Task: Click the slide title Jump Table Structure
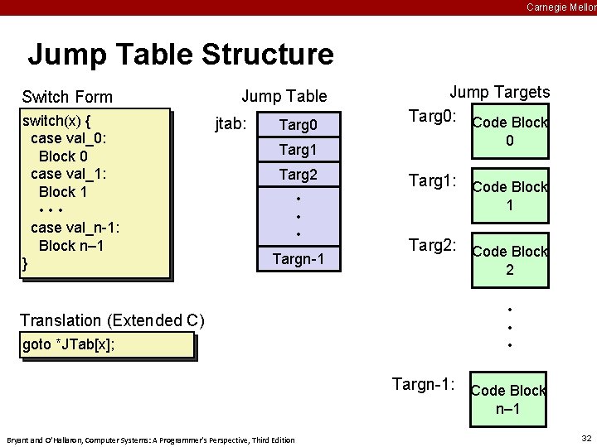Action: click(181, 55)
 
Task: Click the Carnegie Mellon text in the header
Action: click(561, 7)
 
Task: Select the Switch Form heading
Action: click(67, 97)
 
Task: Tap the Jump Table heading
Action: click(284, 97)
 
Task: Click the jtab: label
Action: click(231, 125)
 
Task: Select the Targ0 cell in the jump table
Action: click(298, 126)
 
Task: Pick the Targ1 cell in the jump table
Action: click(298, 150)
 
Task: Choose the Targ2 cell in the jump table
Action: click(298, 175)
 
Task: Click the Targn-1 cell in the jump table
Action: click(298, 261)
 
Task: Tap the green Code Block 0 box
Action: click(509, 132)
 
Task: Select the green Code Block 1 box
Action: click(509, 196)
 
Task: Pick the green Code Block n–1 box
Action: click(509, 399)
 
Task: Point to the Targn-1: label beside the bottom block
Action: click(423, 384)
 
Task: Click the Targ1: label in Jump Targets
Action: click(432, 181)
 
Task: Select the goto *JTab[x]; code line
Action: click(69, 344)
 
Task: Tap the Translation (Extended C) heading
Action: click(112, 320)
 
